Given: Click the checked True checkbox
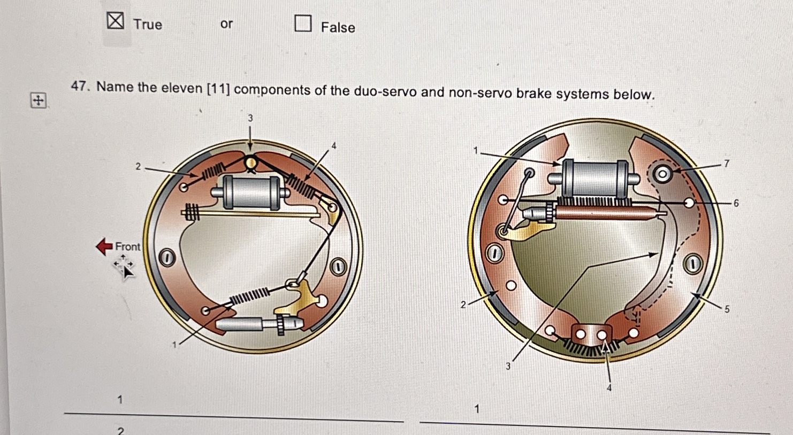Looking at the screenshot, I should point(115,21).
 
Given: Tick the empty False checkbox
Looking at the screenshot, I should point(303,24).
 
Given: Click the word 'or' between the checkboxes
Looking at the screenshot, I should point(226,24).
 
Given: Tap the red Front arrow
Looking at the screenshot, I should point(104,246).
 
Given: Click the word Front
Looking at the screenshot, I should point(128,246).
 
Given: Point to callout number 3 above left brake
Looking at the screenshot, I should point(250,118).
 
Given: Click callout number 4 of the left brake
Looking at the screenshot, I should point(334,145).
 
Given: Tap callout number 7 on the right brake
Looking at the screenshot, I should point(726,164).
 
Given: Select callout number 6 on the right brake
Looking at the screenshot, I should point(736,203).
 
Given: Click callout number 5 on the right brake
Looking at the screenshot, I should point(727,309).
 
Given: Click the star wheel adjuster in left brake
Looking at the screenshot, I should point(280,324).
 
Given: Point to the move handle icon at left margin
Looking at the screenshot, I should point(38,100).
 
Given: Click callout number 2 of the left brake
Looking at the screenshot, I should point(138,167).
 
